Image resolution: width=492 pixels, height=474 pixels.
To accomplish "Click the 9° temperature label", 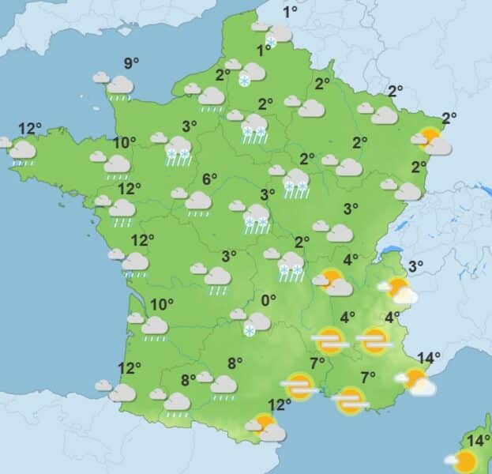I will (130, 63).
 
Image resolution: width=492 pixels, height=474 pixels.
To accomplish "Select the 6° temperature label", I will (209, 179).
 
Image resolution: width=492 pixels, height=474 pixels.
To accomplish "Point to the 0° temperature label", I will (269, 300).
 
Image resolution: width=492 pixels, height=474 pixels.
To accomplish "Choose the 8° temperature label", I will (188, 379).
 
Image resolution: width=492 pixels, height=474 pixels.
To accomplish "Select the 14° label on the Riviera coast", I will (428, 358).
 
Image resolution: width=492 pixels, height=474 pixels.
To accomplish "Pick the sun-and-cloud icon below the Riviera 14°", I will (416, 382).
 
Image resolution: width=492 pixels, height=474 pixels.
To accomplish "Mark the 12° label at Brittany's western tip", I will (30, 129).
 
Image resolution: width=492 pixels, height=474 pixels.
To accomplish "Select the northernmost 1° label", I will (290, 12).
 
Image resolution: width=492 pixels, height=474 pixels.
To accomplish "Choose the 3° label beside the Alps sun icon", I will (415, 265).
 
